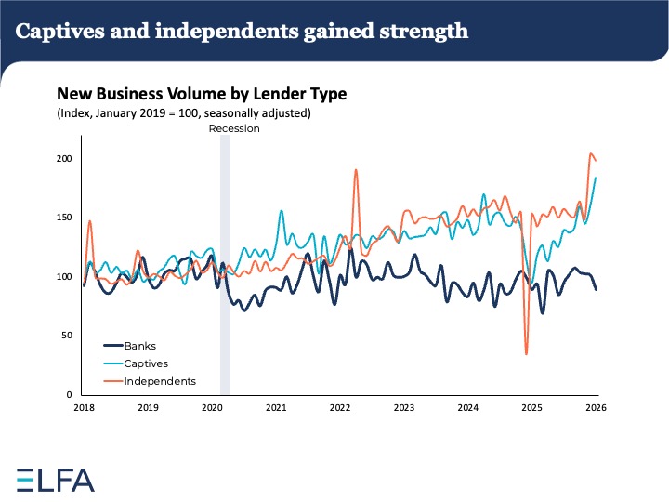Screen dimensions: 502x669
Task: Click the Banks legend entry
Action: tap(139, 346)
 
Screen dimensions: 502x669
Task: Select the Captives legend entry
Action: tap(146, 363)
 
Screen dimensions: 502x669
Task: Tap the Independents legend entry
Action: tap(160, 381)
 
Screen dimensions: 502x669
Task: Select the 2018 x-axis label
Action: tap(84, 408)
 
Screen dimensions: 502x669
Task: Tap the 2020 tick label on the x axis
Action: tap(211, 408)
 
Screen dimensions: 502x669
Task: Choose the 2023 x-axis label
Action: tap(404, 408)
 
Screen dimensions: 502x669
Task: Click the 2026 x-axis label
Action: tap(597, 408)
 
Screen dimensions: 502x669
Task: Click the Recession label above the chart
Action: tap(234, 129)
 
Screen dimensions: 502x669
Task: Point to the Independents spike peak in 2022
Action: tap(356, 170)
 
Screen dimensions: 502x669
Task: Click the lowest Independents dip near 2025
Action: tap(526, 353)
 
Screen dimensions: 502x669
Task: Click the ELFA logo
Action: tap(56, 479)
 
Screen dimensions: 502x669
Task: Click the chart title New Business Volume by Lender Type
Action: tap(202, 94)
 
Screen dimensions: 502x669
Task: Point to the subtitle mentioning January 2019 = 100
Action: tap(184, 113)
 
